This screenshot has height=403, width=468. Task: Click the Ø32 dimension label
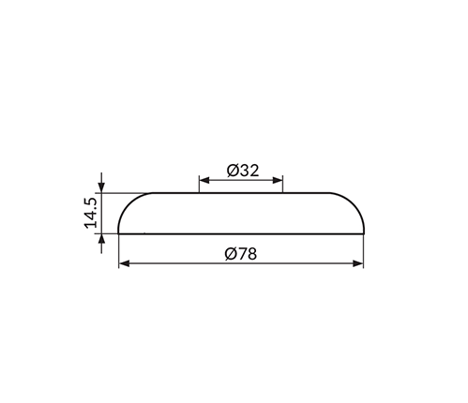coord(243,171)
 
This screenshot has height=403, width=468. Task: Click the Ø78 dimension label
coord(241,254)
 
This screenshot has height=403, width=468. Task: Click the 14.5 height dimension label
coord(91,213)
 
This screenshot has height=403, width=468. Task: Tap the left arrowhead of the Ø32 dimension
coord(204,180)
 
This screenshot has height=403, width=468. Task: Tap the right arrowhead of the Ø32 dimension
coord(278,180)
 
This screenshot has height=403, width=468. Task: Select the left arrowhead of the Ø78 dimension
coord(125,263)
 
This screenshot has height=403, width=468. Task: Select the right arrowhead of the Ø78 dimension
coord(358,263)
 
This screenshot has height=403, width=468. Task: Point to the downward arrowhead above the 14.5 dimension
coord(101,187)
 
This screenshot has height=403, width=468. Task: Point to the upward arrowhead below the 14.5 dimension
coord(101,239)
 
